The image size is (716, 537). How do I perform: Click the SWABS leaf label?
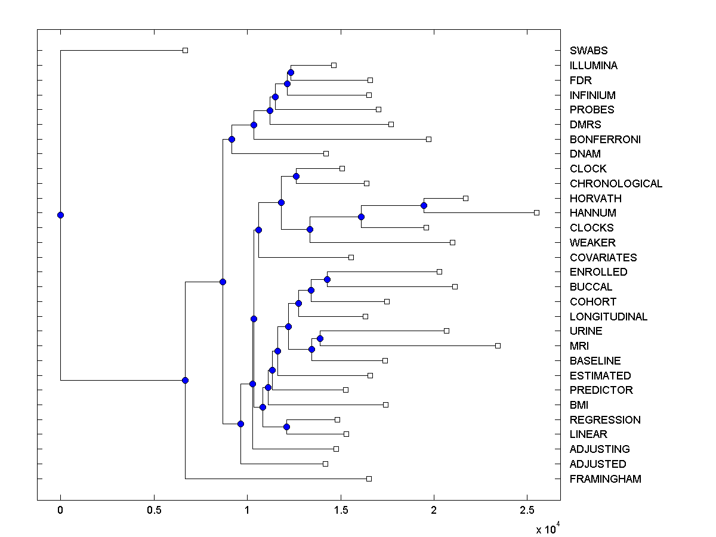[x=588, y=51]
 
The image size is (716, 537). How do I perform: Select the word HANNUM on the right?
[x=593, y=213]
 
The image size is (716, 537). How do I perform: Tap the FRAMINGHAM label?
[x=605, y=479]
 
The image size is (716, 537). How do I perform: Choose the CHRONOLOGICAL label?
[x=616, y=184]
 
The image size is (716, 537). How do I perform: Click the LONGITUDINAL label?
[x=609, y=317]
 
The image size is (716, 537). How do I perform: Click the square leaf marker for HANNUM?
[x=536, y=212]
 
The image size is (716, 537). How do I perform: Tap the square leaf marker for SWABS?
[x=185, y=50]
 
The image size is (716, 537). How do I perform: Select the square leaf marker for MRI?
[x=498, y=345]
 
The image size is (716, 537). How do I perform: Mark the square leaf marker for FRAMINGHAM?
[x=369, y=479]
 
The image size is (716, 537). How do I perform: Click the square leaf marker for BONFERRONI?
[x=428, y=139]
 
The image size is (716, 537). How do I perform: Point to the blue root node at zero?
[x=60, y=215]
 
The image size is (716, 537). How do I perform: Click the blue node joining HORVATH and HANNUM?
[x=424, y=205]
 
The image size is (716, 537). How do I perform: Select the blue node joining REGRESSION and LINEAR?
[x=286, y=427]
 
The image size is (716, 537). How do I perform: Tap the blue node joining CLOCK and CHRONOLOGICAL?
[x=296, y=176]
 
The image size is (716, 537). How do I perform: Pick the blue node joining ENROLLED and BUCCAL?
[x=327, y=279]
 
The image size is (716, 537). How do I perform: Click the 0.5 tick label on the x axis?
[x=154, y=510]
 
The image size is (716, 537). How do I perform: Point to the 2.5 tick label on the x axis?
[x=527, y=510]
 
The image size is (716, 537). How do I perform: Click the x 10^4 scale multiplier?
[x=547, y=528]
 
